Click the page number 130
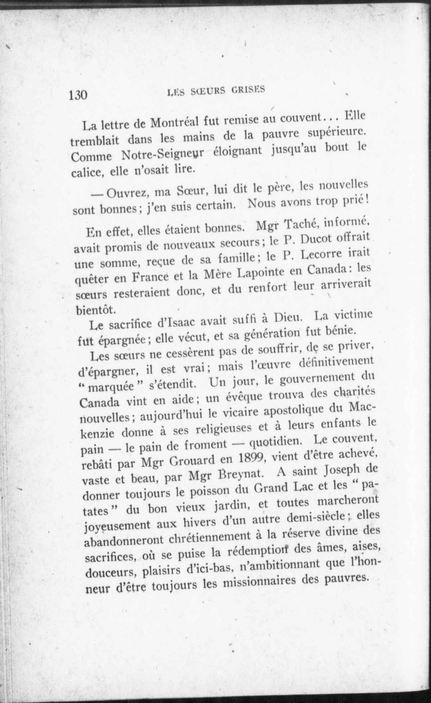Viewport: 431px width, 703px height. [x=78, y=95]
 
